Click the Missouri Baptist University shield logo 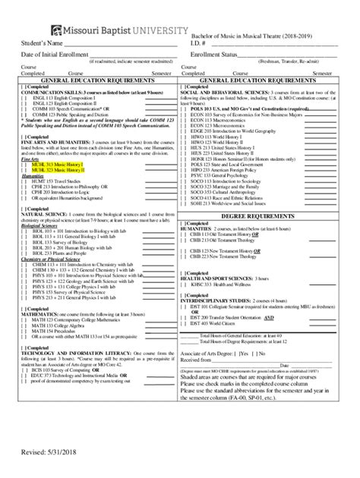click(x=57, y=30)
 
